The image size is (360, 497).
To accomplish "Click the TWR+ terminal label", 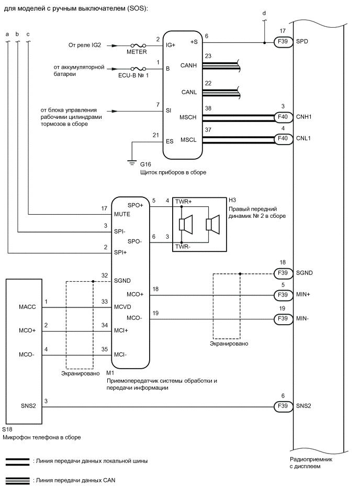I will pos(185,201).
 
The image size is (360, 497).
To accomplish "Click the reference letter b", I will pos(17,34).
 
